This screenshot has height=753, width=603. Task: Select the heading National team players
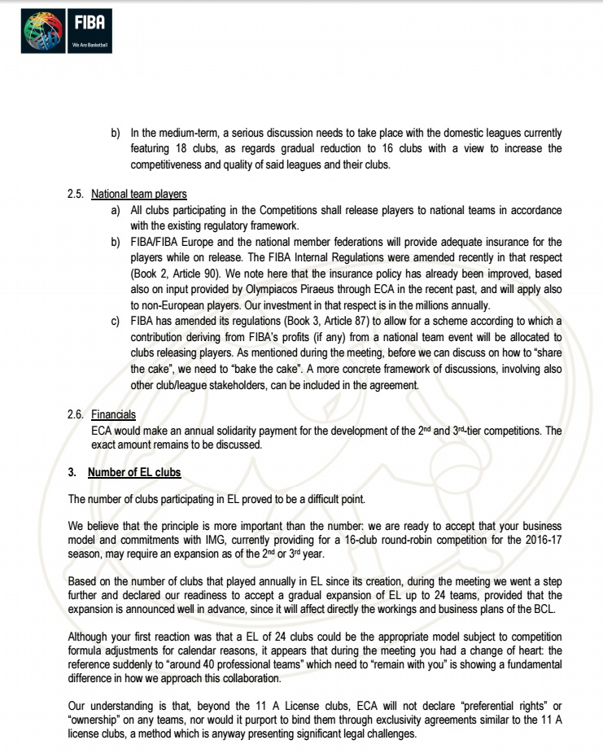coord(139,195)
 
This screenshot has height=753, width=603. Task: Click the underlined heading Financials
coord(113,414)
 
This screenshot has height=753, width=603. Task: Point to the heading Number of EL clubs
coord(134,472)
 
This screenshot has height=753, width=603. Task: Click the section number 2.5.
coord(76,195)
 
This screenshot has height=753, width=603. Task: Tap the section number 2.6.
coord(76,414)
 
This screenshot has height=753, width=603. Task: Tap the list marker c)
coord(116,322)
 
